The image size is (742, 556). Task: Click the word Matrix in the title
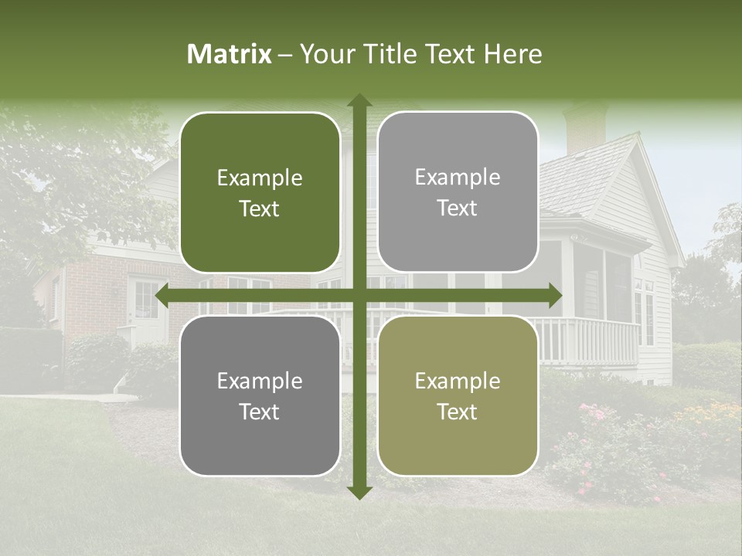click(x=230, y=54)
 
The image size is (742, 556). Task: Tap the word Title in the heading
click(x=395, y=54)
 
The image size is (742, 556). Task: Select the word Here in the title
click(x=512, y=54)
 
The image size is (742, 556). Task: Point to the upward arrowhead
click(x=359, y=100)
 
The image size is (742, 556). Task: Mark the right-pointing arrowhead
click(x=555, y=296)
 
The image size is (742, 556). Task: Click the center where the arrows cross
click(x=359, y=296)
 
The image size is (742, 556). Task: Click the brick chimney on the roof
click(x=585, y=127)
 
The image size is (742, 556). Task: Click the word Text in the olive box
click(x=458, y=412)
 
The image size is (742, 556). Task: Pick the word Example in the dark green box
click(x=260, y=178)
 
